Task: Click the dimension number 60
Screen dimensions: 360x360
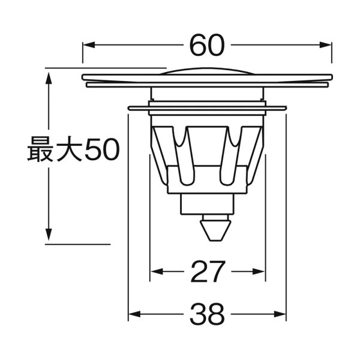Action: [207, 45]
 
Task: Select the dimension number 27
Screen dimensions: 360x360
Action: [207, 272]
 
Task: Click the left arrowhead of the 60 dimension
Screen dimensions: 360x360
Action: [86, 45]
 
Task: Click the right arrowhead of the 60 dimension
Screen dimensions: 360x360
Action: [328, 45]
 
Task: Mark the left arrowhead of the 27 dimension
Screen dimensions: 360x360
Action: [154, 272]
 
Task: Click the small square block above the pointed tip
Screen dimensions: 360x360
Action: [206, 205]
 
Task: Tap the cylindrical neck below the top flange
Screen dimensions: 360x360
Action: [207, 94]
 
